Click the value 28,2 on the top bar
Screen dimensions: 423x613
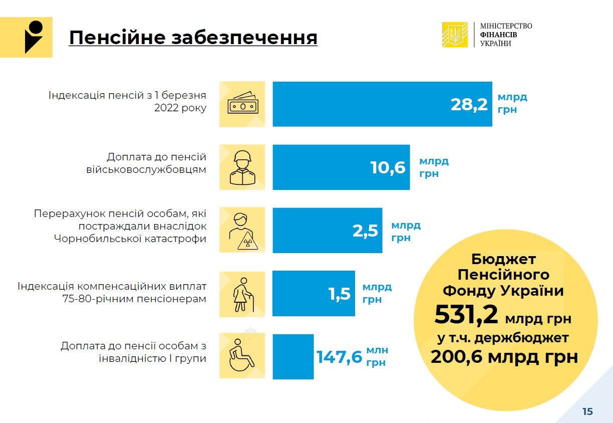click(x=469, y=104)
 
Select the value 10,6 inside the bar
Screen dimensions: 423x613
click(x=388, y=167)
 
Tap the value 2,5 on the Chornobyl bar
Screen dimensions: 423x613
click(x=365, y=231)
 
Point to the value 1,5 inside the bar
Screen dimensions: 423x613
click(x=340, y=294)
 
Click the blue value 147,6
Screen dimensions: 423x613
click(x=339, y=357)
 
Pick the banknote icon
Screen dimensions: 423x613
click(x=242, y=104)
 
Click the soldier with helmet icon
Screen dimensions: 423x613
click(x=242, y=167)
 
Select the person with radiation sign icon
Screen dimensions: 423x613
click(x=242, y=231)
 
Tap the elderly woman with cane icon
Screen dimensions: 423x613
click(x=242, y=294)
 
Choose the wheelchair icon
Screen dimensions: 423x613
click(x=242, y=357)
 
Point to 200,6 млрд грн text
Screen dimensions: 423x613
click(x=504, y=357)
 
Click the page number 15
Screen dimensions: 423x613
click(x=587, y=411)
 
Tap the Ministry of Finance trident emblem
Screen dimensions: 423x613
click(x=455, y=35)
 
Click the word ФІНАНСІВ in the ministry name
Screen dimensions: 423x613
click(x=498, y=35)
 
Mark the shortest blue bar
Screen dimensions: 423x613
click(x=293, y=357)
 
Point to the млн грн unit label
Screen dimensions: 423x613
click(x=377, y=357)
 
